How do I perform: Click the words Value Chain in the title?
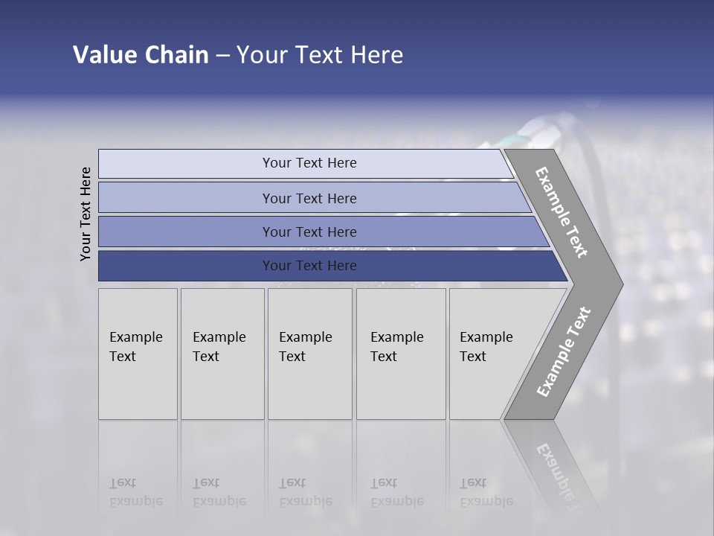pos(141,55)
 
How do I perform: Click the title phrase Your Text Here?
pos(320,55)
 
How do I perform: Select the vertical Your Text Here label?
pos(86,214)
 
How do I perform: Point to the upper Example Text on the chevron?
pos(562,212)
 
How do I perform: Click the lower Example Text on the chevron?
pos(564,352)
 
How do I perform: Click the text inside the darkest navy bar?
pos(309,266)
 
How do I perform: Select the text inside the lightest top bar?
pos(309,163)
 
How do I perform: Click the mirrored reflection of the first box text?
pos(135,492)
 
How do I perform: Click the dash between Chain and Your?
pos(222,56)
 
